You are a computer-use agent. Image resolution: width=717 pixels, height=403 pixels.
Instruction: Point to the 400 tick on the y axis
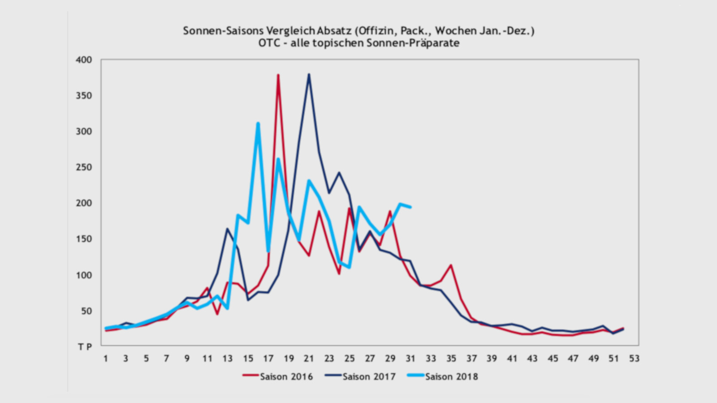click(84, 60)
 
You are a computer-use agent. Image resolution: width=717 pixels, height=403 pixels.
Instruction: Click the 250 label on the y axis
click(84, 167)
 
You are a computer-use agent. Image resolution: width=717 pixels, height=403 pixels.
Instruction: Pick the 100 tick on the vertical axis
click(84, 275)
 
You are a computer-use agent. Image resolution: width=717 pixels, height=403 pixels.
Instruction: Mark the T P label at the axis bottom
click(85, 347)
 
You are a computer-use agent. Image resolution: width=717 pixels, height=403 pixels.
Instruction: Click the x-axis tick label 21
click(309, 358)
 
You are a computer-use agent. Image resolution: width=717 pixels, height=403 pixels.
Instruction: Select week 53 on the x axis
click(634, 358)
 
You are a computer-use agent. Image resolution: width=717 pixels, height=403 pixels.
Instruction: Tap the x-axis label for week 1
click(106, 358)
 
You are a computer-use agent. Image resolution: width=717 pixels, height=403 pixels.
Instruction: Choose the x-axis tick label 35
click(451, 358)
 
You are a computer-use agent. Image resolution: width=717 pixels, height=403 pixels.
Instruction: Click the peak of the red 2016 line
click(278, 75)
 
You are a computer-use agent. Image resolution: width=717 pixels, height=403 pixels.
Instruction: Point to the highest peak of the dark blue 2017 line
click(309, 74)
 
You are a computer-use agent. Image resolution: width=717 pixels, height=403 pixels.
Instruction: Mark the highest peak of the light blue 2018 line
click(258, 123)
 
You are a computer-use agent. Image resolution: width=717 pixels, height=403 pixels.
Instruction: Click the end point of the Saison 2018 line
click(410, 207)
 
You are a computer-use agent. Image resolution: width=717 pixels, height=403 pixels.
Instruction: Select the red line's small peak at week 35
click(451, 265)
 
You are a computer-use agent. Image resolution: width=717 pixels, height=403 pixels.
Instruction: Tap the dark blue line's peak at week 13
click(228, 229)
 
